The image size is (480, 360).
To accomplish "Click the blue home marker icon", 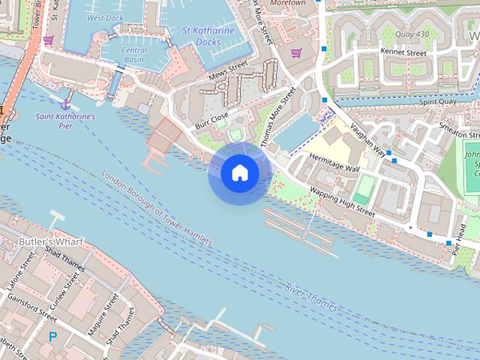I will pyautogui.click(x=240, y=173).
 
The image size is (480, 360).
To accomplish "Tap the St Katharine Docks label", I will pyautogui.click(x=208, y=36).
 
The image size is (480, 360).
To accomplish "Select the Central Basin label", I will pyautogui.click(x=133, y=55).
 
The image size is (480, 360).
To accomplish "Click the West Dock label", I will pyautogui.click(x=105, y=17).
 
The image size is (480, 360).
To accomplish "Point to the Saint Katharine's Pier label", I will pyautogui.click(x=66, y=121).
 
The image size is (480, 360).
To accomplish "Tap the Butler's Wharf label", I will pyautogui.click(x=52, y=241).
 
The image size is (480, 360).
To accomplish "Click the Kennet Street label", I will pyautogui.click(x=403, y=53).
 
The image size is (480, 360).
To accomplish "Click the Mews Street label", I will pyautogui.click(x=228, y=73).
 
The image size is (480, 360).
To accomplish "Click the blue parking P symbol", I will pyautogui.click(x=52, y=337).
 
